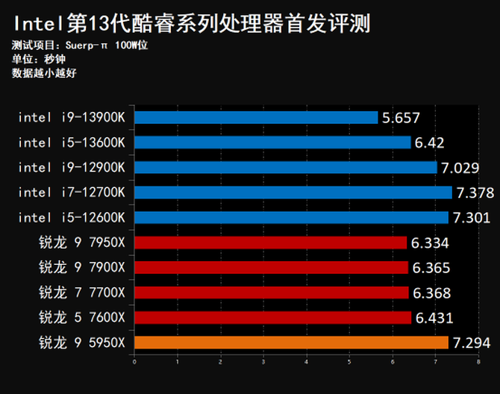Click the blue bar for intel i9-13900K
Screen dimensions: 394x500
(x=256, y=117)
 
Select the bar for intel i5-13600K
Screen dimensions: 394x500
(x=272, y=142)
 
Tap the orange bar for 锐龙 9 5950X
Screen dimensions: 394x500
(x=291, y=343)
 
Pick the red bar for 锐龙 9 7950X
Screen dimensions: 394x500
(x=270, y=243)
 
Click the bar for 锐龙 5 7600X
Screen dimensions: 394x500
(x=272, y=318)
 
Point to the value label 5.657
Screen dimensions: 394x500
(x=401, y=117)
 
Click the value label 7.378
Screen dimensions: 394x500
(x=475, y=193)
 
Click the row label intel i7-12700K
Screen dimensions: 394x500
(x=72, y=193)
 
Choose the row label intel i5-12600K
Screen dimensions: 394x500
(x=72, y=217)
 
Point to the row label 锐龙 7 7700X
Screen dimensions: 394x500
(x=82, y=293)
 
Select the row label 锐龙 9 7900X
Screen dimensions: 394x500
(x=82, y=267)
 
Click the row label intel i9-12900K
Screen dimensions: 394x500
(x=72, y=167)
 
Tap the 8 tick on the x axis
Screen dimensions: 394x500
(x=477, y=363)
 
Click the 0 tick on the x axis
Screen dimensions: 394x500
(x=134, y=363)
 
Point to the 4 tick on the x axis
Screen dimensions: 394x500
(x=306, y=363)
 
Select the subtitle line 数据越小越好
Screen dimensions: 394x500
(x=45, y=73)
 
